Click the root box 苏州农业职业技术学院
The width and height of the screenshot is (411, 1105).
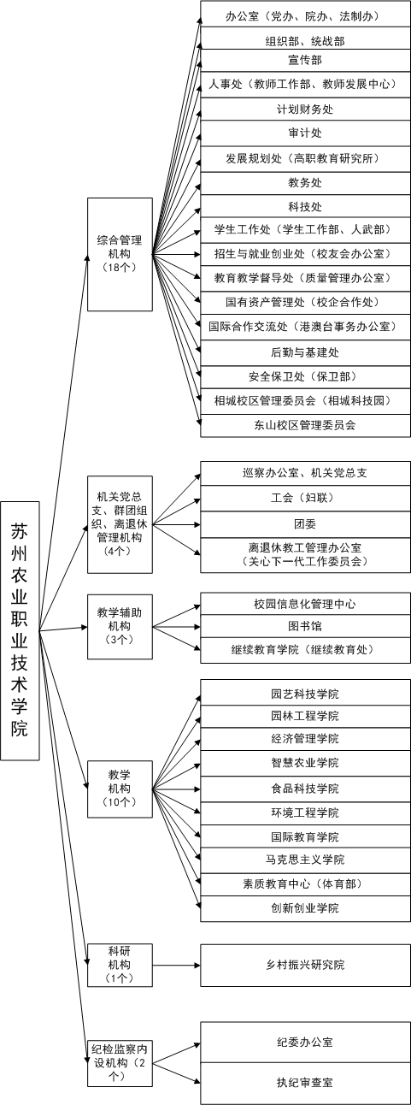pos(20,630)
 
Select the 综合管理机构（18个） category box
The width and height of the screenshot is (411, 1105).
pos(120,255)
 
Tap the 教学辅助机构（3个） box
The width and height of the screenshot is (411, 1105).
pos(120,627)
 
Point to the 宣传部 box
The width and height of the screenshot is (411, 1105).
pos(305,60)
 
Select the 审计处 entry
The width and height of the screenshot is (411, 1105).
pos(305,133)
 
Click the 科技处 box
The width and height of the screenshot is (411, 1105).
pos(305,206)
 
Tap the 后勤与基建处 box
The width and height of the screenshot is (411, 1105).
pos(305,352)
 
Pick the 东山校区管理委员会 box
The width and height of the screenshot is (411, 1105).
pos(305,425)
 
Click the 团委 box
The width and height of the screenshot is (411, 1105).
pos(305,524)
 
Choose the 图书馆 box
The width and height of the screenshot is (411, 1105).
pos(305,627)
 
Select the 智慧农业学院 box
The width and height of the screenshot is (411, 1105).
pos(305,763)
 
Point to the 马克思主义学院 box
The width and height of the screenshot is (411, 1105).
pos(305,860)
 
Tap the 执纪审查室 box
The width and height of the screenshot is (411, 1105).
pos(305,1083)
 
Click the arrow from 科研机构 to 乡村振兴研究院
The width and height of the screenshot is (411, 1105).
pos(176,965)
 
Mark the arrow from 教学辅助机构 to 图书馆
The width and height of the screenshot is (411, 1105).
pos(176,627)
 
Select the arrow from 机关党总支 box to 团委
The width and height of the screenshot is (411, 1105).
pos(176,524)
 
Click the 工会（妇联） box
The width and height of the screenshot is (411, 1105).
pos(305,499)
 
